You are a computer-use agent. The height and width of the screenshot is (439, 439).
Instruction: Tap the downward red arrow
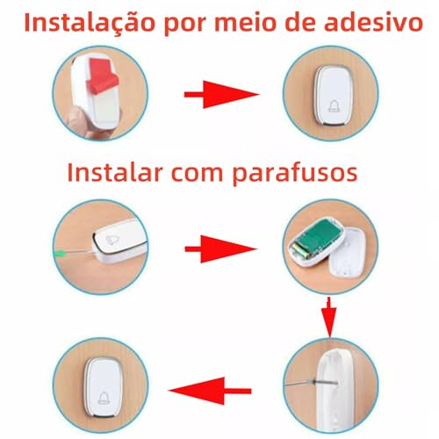coord(327,316)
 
